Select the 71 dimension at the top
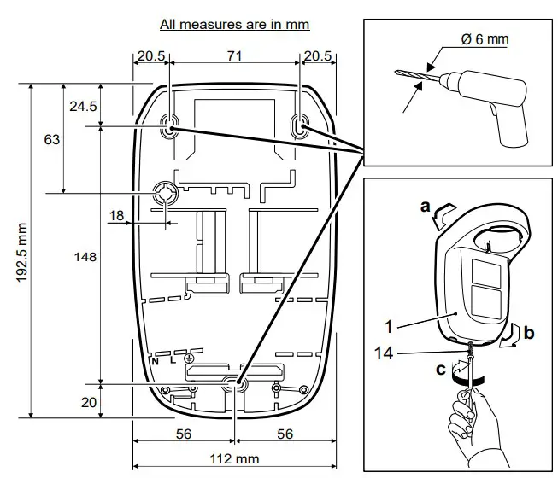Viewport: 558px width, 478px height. click(x=234, y=55)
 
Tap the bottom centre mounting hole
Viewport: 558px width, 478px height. click(x=234, y=385)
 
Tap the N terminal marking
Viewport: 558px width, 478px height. click(x=156, y=361)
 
